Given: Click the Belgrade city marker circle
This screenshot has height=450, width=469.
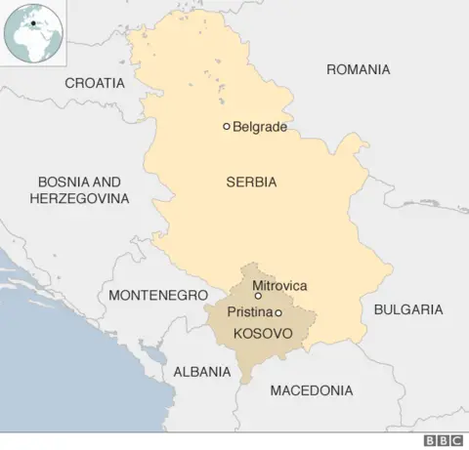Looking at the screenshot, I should click(227, 126).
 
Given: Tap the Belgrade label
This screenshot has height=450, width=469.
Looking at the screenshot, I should click(260, 127).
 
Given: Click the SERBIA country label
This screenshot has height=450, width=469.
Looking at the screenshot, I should click(251, 182).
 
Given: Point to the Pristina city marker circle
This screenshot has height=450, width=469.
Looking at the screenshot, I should click(278, 312).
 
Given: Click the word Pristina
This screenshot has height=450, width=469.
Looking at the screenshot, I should click(249, 312).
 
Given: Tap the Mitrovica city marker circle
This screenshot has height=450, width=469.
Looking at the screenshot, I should click(258, 296).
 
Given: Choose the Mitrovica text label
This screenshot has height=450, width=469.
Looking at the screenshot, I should click(279, 285).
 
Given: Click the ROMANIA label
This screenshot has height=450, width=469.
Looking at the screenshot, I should click(358, 69).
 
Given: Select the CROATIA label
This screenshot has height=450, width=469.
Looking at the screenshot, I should click(95, 83).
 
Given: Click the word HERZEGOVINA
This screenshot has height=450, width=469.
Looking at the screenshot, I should click(79, 198).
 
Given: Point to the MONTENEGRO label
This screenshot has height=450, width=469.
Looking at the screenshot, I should click(158, 294).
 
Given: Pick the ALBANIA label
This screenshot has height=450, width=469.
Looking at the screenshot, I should click(202, 372).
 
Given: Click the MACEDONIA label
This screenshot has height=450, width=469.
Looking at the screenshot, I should click(312, 390).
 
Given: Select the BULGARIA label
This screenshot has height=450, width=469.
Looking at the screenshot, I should click(408, 309).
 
